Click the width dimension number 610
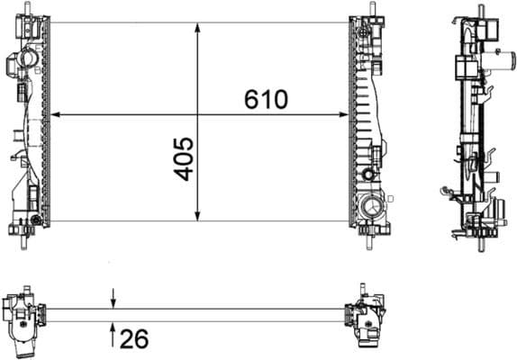(x=266, y=99)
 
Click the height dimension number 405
(x=184, y=158)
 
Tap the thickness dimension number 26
(x=134, y=339)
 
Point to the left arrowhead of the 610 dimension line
(x=54, y=115)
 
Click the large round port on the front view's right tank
(x=369, y=210)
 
